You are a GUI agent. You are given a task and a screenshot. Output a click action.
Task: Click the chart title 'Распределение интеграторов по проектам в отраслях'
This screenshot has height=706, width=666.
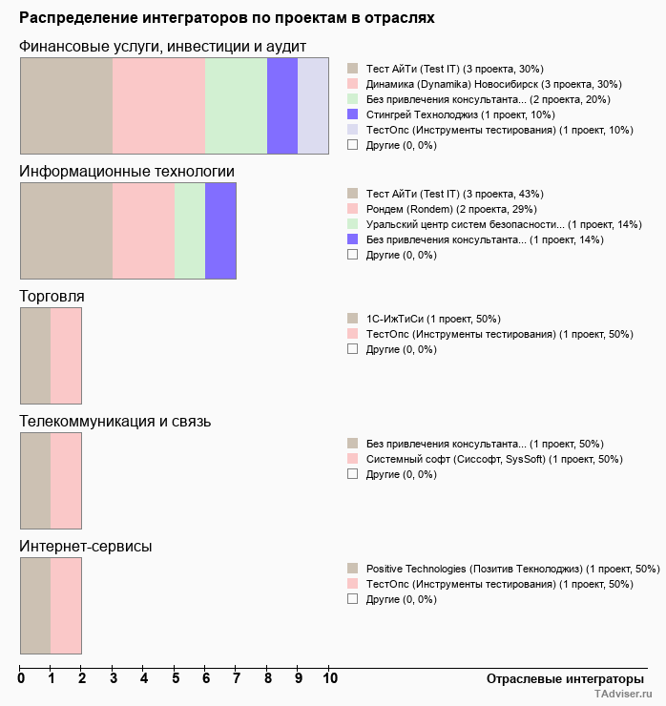click(227, 18)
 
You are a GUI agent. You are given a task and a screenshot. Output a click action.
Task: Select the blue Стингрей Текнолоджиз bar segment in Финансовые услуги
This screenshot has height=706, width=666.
click(282, 106)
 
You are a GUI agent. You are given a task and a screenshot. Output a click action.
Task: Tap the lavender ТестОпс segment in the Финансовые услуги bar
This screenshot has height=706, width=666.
click(313, 106)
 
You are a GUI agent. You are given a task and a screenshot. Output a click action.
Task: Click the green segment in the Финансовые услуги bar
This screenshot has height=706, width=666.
click(237, 106)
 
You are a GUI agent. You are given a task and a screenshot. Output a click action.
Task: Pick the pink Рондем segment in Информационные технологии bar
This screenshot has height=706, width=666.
click(143, 231)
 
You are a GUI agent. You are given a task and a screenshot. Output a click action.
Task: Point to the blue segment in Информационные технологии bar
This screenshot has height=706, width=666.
click(220, 231)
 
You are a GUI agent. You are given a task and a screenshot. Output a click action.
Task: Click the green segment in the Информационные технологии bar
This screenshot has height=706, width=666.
click(190, 231)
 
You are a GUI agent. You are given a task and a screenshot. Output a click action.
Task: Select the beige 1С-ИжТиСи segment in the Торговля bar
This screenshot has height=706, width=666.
click(35, 356)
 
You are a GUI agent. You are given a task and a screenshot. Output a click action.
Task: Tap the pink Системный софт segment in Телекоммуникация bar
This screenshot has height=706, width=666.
click(66, 481)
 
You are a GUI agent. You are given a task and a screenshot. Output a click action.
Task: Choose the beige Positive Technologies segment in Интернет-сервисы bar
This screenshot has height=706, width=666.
click(35, 606)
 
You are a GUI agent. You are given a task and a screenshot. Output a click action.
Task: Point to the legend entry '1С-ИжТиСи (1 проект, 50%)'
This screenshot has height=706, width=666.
click(433, 319)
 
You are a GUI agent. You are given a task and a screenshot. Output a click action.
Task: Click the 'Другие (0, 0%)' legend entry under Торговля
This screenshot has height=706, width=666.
click(401, 349)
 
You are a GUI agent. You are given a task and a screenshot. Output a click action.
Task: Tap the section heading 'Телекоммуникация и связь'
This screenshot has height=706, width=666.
click(115, 421)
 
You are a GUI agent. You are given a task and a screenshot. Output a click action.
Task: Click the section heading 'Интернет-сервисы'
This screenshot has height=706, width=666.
click(86, 546)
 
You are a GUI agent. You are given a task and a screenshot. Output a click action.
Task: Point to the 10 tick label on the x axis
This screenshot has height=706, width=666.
click(329, 678)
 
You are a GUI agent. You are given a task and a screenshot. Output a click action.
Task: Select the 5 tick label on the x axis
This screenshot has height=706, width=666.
click(175, 678)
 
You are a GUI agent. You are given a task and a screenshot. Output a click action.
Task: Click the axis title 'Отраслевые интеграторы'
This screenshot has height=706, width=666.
click(559, 678)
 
